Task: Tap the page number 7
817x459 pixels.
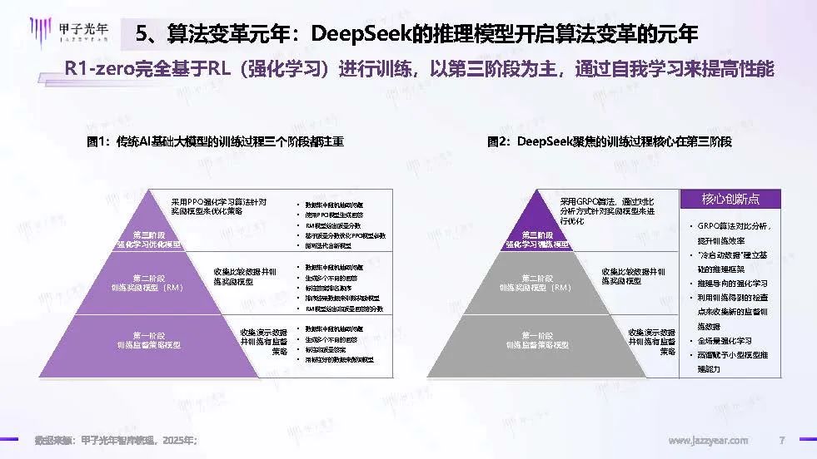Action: click(781, 440)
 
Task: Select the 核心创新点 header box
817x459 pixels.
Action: click(730, 199)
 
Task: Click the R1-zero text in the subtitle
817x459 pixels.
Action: click(101, 70)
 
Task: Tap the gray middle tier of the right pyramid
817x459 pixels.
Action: click(537, 283)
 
